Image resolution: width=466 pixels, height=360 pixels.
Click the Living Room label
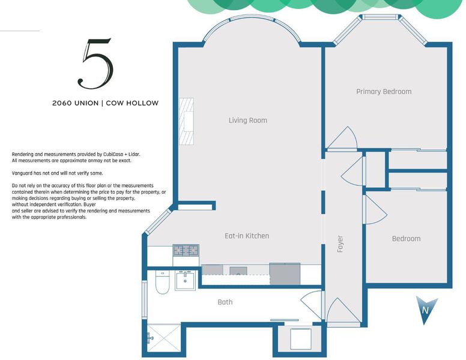point(248,120)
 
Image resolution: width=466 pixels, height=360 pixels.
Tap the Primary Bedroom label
point(384,91)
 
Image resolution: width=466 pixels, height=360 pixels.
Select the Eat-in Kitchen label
point(247,236)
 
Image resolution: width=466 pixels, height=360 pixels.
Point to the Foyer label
point(340,244)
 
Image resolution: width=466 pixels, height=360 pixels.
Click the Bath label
point(225,302)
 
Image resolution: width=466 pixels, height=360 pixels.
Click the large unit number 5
point(95,64)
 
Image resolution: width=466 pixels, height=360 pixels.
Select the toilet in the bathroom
point(162,282)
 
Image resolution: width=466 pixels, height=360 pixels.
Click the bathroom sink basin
point(185,281)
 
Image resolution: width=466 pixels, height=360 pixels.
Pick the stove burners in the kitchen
point(186,250)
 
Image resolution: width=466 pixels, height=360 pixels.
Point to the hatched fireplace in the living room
point(187,121)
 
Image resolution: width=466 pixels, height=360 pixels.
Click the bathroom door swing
point(312,304)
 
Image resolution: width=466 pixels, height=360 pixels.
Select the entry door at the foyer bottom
point(342,311)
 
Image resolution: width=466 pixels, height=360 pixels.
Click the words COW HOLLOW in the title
point(132,103)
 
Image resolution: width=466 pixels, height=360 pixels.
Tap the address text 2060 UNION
point(75,103)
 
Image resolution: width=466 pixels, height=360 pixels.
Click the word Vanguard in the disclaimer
point(22,173)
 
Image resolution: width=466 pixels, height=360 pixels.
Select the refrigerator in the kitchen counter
point(285,274)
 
